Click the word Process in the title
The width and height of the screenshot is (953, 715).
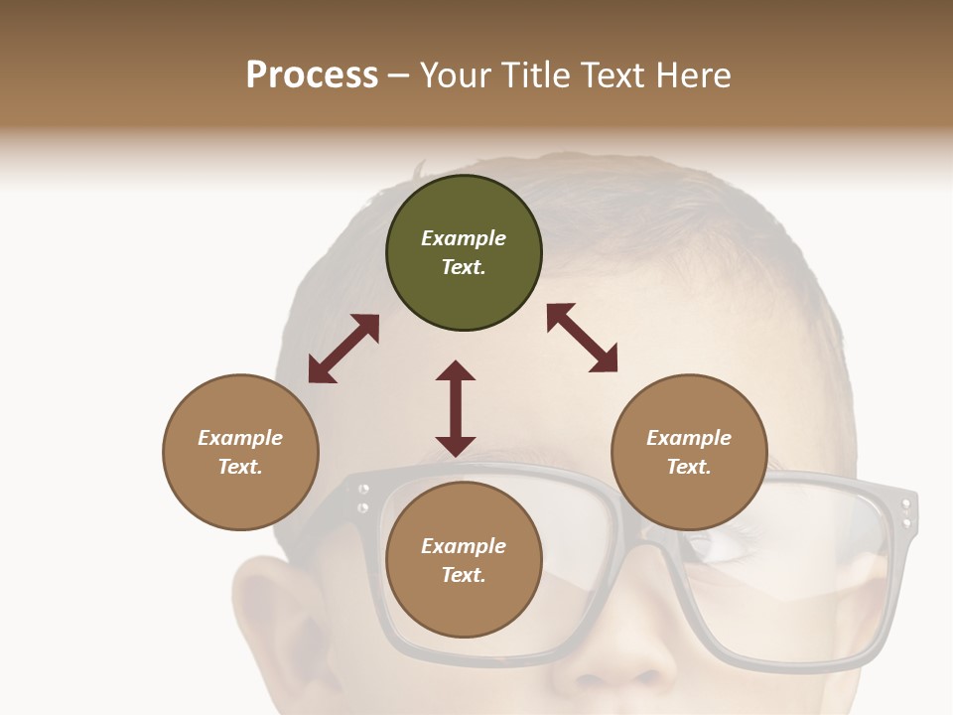pyautogui.click(x=312, y=75)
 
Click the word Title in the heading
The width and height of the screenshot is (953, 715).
pyautogui.click(x=536, y=75)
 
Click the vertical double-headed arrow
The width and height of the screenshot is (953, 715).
pyautogui.click(x=456, y=408)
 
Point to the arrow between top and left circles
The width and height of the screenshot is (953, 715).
pyautogui.click(x=343, y=349)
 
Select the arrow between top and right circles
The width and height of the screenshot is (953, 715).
pyautogui.click(x=582, y=339)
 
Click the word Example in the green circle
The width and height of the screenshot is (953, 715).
pyautogui.click(x=464, y=238)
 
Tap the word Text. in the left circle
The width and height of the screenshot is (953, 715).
pyautogui.click(x=240, y=467)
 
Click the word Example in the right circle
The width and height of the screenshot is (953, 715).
pyautogui.click(x=689, y=438)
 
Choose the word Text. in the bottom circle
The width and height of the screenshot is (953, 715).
pyautogui.click(x=464, y=575)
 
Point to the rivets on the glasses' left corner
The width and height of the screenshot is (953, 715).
pyautogui.click(x=363, y=498)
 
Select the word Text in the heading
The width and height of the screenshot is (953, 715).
pyautogui.click(x=609, y=75)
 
